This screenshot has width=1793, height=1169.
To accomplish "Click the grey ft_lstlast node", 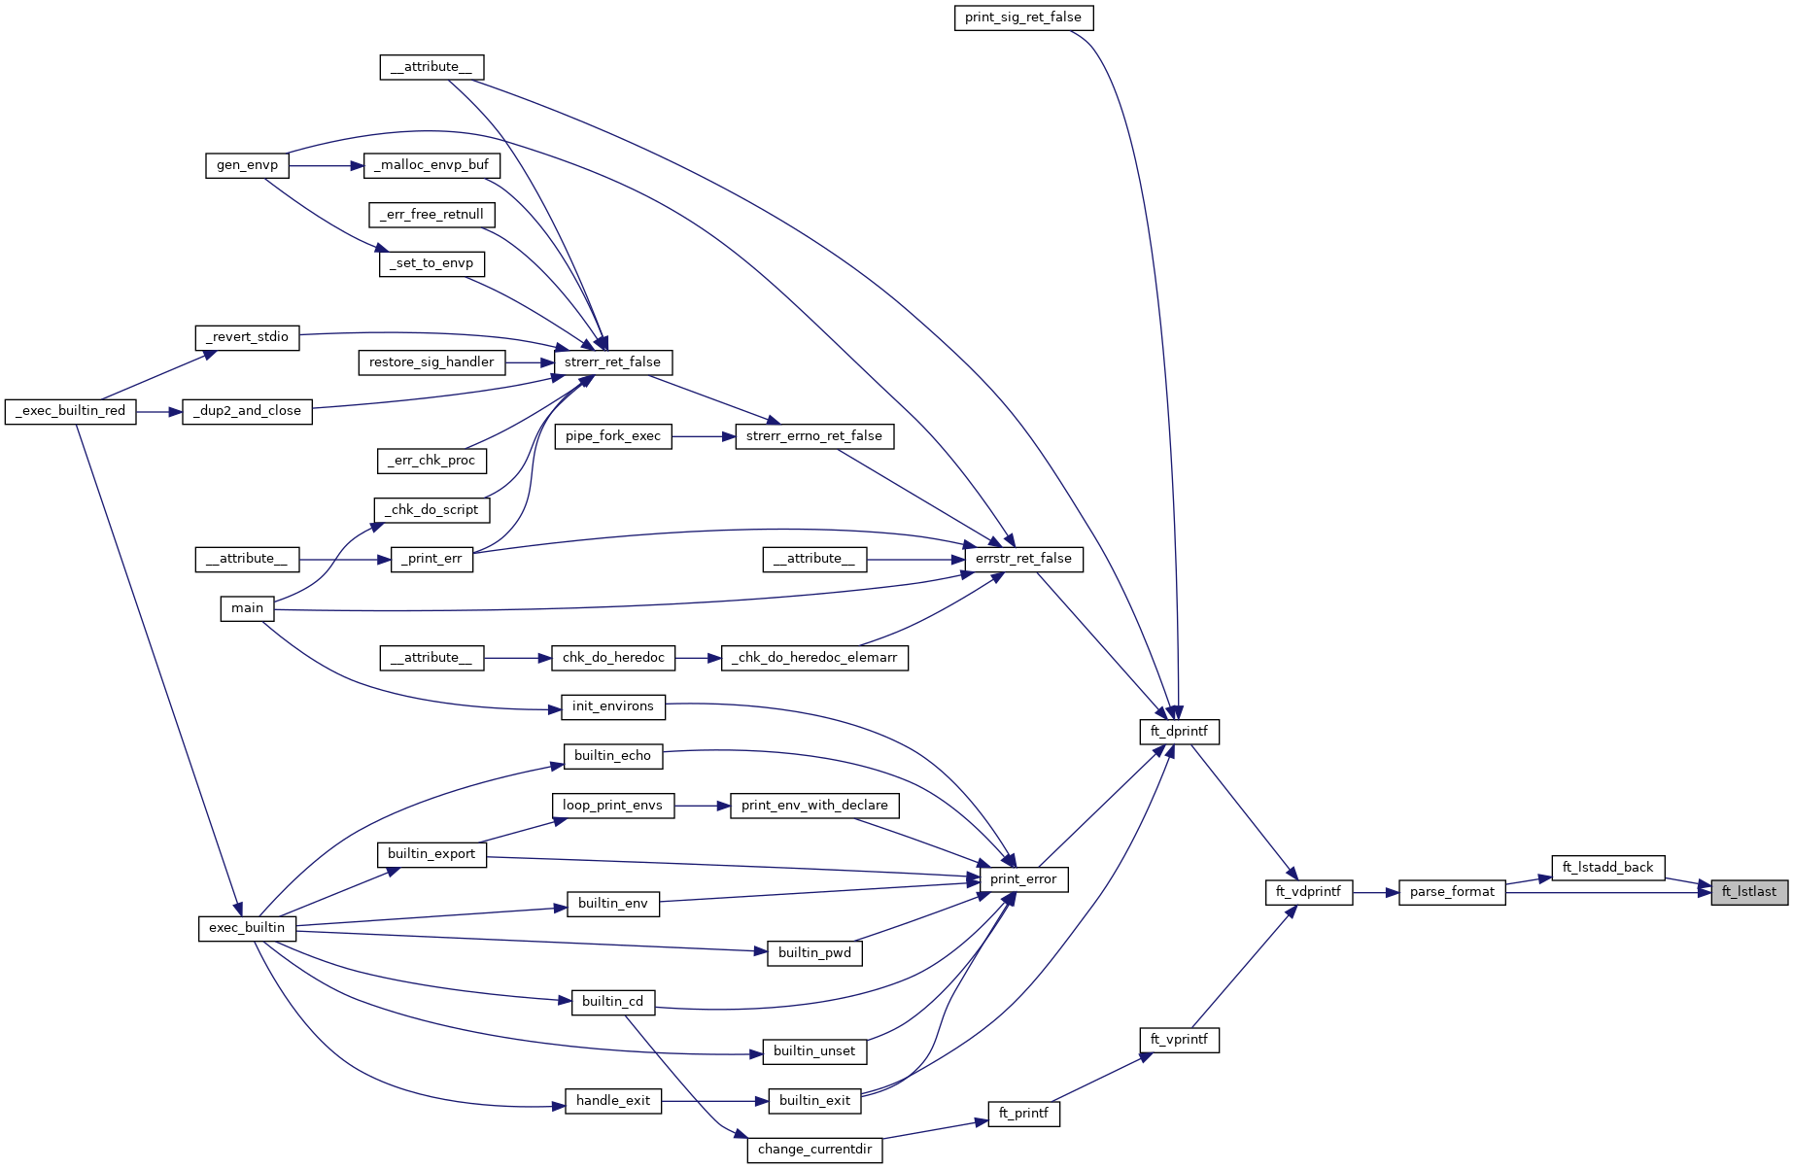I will click(1748, 892).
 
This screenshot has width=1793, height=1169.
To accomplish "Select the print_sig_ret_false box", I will click(1023, 17).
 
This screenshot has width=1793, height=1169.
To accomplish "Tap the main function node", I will click(247, 608).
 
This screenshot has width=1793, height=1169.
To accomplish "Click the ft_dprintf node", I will click(1178, 732).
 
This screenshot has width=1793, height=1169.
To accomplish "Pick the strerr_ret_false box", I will click(612, 362).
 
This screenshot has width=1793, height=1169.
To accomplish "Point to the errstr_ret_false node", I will click(1023, 559).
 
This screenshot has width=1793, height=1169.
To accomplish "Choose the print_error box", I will click(1023, 879).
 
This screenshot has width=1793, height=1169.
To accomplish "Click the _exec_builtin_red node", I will click(71, 411).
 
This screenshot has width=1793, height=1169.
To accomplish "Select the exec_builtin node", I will click(247, 928).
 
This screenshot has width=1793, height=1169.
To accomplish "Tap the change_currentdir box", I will click(814, 1150).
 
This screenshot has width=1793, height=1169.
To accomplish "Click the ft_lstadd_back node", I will click(1607, 868).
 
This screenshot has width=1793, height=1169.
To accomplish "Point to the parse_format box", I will click(1452, 892).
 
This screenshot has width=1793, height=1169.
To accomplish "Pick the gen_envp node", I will click(247, 165).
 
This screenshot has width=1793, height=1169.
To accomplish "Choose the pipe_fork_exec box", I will click(612, 436).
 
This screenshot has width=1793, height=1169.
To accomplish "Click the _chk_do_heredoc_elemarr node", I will click(814, 658).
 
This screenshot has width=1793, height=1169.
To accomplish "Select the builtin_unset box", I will click(814, 1051).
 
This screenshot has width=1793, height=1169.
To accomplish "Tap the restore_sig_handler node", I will click(431, 362).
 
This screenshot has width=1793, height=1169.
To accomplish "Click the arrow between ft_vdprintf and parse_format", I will click(1375, 892).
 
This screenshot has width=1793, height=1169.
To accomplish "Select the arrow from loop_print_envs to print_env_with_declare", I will click(702, 806).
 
